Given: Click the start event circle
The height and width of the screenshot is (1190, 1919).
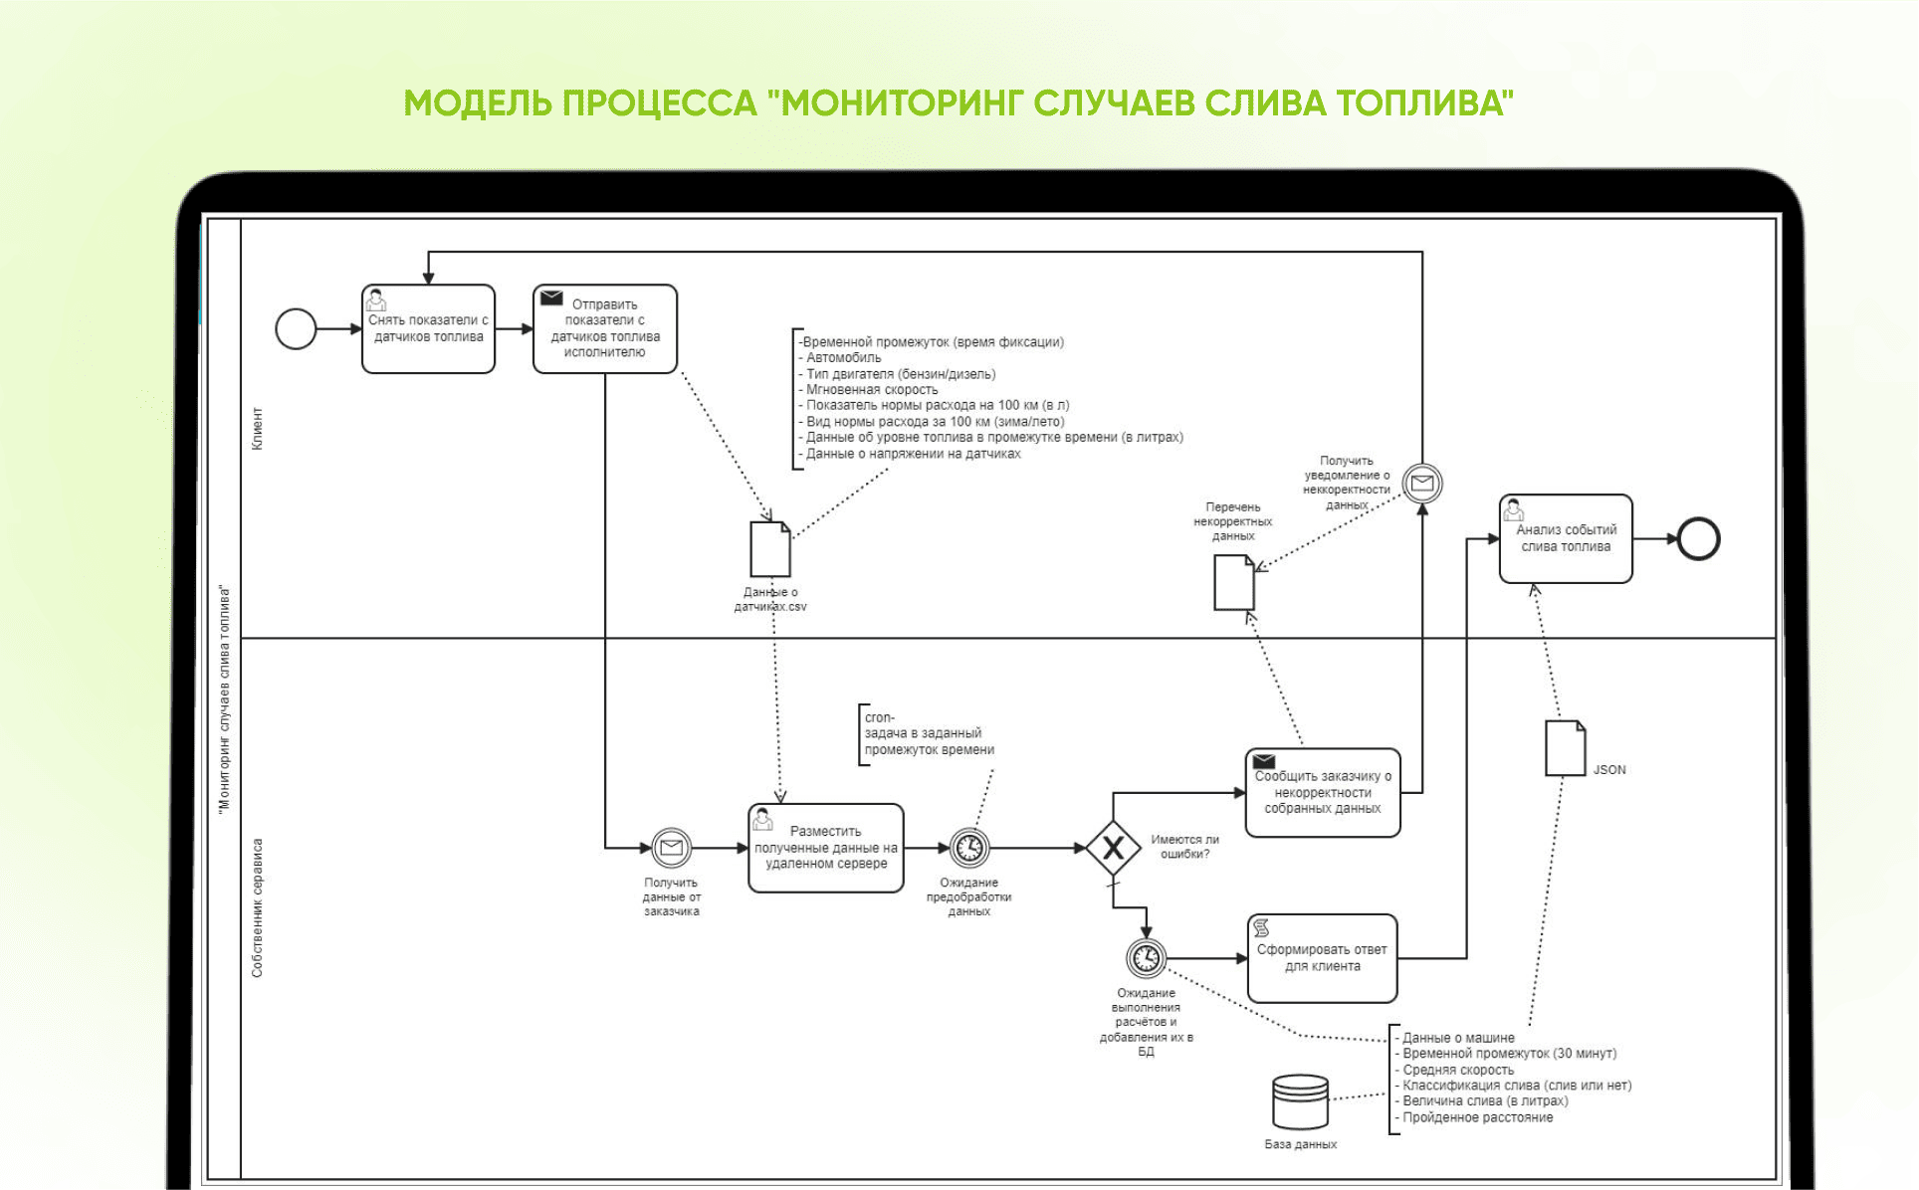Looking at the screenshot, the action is pos(296,328).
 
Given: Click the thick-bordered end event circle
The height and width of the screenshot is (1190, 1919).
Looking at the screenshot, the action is pos(1698,539).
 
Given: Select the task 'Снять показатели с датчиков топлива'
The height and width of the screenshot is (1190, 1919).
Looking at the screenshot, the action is pos(428,329).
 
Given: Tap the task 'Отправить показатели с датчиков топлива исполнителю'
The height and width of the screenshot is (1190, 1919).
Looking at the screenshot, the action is pos(605,329).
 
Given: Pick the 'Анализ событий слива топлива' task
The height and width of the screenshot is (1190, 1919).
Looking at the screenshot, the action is pos(1566,538).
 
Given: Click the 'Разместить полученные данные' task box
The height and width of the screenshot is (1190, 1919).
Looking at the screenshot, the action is pos(826,848).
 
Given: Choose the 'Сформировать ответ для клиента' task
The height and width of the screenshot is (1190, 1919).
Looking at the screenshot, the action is pos(1322,958).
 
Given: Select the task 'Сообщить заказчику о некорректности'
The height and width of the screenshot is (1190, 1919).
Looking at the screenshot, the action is pos(1323,793).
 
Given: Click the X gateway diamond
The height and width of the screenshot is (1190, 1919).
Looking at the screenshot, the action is pos(1113,848).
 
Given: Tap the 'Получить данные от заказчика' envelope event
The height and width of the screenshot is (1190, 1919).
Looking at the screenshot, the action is pos(671,848).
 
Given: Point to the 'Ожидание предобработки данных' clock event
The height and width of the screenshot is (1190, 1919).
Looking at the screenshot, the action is pos(969,848).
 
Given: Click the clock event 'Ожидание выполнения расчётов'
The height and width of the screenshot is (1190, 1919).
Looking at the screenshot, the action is pos(1146,958).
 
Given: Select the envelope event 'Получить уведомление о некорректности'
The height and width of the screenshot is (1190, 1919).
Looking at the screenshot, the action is pos(1422,484).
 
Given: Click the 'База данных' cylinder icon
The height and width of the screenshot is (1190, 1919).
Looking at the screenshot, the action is pos(1300,1102).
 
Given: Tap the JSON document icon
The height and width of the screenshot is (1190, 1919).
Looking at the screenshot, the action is pos(1565,748).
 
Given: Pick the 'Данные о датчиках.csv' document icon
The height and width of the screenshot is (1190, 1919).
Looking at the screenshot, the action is pos(769,549).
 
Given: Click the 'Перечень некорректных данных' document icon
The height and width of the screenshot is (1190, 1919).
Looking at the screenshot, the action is pos(1234,582).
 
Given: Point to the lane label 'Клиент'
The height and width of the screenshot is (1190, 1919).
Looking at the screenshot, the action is pos(258,429).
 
